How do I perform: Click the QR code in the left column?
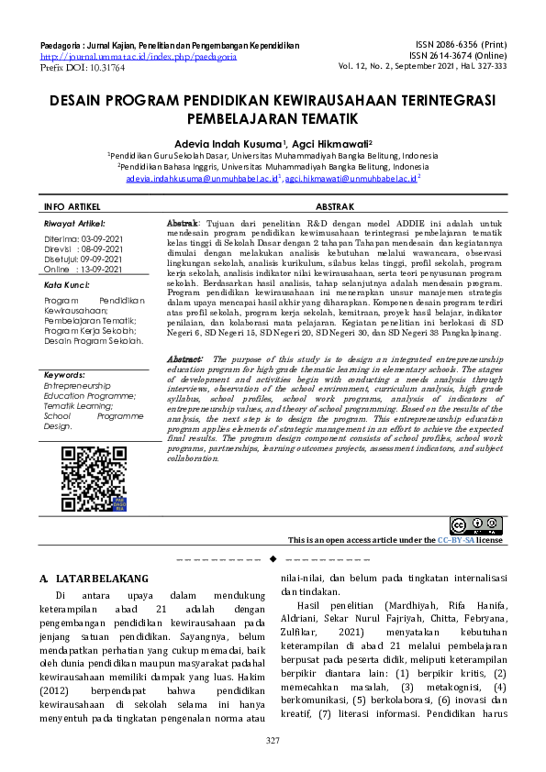(94, 478)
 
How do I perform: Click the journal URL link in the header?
(139, 56)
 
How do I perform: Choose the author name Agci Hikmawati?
(331, 143)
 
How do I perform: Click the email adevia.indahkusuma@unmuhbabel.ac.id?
(202, 181)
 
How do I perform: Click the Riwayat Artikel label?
(74, 223)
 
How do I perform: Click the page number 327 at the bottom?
(273, 740)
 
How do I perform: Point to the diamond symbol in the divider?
(273, 558)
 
